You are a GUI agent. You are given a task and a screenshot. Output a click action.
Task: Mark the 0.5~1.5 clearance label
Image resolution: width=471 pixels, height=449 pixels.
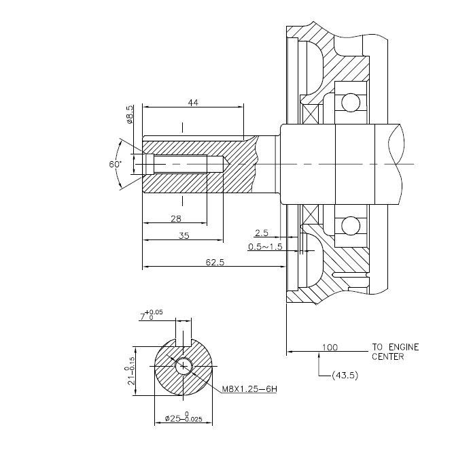(265, 246)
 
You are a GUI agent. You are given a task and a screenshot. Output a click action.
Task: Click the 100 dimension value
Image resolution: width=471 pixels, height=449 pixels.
(330, 347)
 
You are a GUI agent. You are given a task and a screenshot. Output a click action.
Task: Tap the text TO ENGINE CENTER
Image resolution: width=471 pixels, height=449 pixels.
(395, 352)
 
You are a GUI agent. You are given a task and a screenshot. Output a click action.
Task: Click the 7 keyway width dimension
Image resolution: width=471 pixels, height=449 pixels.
(146, 316)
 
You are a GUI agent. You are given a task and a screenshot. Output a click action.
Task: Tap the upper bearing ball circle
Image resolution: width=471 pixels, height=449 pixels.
(351, 103)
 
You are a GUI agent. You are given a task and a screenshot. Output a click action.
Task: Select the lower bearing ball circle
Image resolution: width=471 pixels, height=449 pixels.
(351, 225)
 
